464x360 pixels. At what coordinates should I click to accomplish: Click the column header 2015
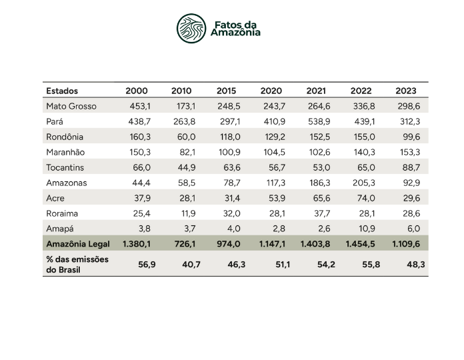point(227,91)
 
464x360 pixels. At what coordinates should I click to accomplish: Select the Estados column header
point(62,91)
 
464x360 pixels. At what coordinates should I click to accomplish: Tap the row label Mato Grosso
point(71,106)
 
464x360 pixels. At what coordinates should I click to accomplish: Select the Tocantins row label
point(65,167)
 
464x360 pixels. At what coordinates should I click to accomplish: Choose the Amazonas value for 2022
point(363,183)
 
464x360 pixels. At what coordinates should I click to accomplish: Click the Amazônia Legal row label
point(78,244)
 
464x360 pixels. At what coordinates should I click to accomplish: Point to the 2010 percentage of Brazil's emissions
point(184,264)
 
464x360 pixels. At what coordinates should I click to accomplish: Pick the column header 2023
point(406,91)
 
